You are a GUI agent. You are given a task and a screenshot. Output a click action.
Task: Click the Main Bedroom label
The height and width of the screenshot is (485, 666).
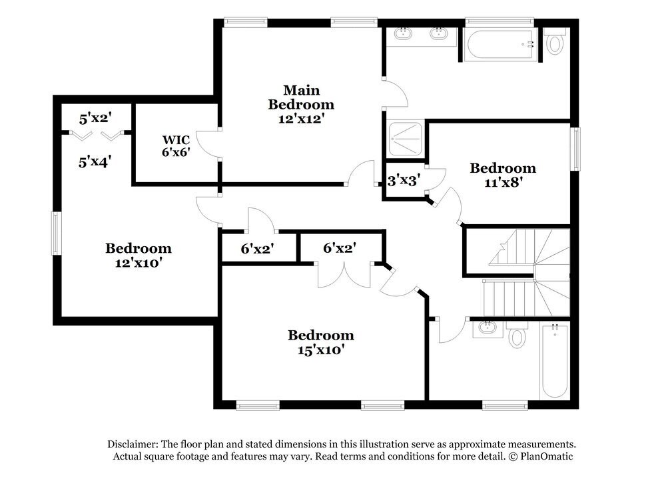coord(301,97)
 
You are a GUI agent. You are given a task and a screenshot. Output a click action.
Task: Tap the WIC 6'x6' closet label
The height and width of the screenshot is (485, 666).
coord(176,145)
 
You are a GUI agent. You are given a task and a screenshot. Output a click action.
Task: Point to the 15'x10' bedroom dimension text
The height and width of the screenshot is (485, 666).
coord(320,350)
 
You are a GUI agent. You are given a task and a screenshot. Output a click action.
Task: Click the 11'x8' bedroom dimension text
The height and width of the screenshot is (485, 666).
coord(503,182)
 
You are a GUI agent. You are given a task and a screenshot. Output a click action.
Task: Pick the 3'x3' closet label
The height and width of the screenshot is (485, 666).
coord(404,180)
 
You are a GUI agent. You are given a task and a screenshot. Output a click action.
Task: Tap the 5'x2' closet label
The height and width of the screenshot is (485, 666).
coord(95,119)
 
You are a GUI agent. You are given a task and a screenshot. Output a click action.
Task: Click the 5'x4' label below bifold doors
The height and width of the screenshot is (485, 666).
coord(95,161)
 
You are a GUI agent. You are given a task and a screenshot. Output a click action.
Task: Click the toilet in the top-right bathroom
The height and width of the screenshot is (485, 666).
coord(555,42)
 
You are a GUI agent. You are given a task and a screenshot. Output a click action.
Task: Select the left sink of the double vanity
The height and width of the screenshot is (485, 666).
coord(403,33)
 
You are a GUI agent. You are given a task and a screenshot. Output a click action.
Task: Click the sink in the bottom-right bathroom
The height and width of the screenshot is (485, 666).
coord(487,328)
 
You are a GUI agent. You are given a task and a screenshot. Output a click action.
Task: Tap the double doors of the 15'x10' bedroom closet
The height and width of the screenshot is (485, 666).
coord(342,274)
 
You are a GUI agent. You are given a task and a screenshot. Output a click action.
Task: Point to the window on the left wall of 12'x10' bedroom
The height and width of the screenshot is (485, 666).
coord(57,233)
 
